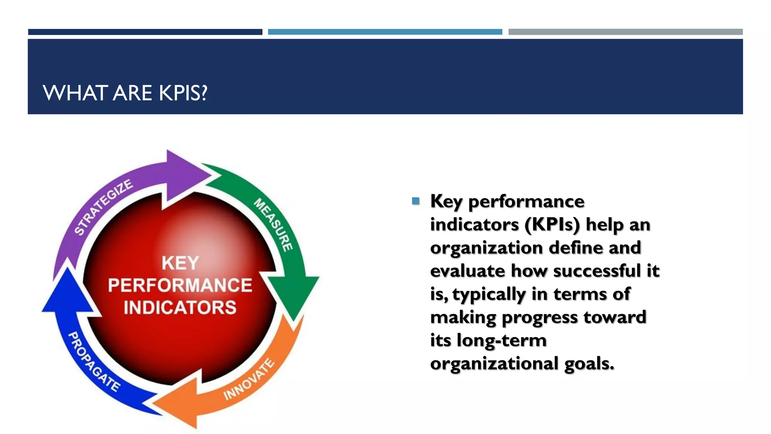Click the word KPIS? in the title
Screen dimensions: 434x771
pos(183,93)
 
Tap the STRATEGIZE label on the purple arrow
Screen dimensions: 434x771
pos(103,207)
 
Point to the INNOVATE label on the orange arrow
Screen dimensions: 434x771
pos(249,380)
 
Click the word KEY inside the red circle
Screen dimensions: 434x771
pos(180,263)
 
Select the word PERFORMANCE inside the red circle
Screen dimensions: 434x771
pos(180,285)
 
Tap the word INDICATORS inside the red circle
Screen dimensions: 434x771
pos(180,307)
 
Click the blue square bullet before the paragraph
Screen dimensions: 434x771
pos(416,201)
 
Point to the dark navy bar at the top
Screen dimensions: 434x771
pos(145,32)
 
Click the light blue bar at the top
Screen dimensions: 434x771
pos(385,32)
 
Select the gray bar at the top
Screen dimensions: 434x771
pos(625,32)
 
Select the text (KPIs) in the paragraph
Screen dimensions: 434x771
pos(552,225)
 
